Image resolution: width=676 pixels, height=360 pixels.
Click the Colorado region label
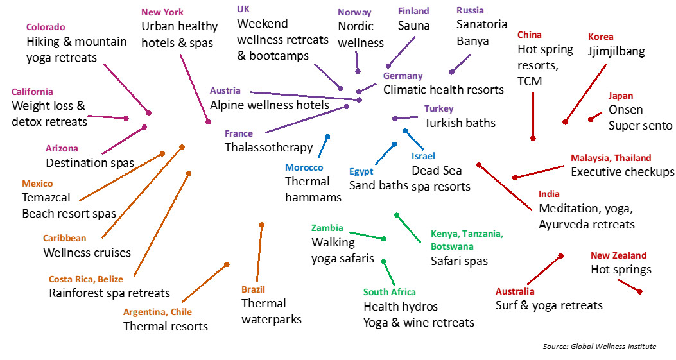point(46,28)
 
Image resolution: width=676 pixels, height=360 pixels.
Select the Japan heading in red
point(620,96)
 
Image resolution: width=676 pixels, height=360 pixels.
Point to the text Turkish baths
point(460,123)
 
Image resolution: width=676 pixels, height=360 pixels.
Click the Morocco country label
point(304,167)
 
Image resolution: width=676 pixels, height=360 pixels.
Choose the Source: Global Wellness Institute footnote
point(600,347)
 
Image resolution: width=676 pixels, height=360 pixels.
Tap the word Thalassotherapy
point(268,148)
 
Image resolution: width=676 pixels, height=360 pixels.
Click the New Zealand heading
point(618,255)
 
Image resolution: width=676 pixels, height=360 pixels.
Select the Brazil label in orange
point(253,289)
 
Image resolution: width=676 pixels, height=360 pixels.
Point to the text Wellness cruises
point(87,252)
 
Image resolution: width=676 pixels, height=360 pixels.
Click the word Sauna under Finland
point(413,26)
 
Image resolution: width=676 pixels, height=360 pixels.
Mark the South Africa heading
point(389,292)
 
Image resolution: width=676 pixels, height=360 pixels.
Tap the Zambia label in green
point(327,228)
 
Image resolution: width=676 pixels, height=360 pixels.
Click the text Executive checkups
point(622,172)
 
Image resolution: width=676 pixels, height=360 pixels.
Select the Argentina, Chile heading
point(157,312)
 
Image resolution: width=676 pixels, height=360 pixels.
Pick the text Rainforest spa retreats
point(109,293)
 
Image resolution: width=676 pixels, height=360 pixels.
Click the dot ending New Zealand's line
point(639,291)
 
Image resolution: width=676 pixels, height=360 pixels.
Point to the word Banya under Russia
point(472,41)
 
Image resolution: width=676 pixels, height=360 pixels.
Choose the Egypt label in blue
point(361,171)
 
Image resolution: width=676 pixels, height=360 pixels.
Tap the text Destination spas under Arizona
point(90,162)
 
